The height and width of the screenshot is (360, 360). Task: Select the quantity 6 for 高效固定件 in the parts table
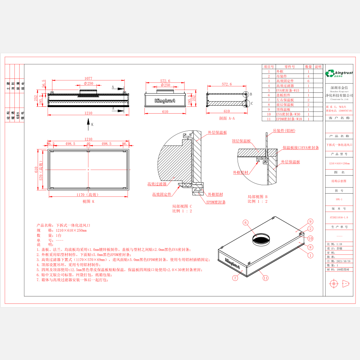308,81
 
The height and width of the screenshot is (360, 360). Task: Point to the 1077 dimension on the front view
88,79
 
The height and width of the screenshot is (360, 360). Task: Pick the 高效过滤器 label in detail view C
156,184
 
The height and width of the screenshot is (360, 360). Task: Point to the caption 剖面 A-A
227,118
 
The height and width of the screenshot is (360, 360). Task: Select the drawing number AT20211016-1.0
339,218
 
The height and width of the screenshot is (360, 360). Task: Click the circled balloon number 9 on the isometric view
310,222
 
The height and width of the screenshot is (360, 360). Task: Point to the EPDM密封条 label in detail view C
216,202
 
